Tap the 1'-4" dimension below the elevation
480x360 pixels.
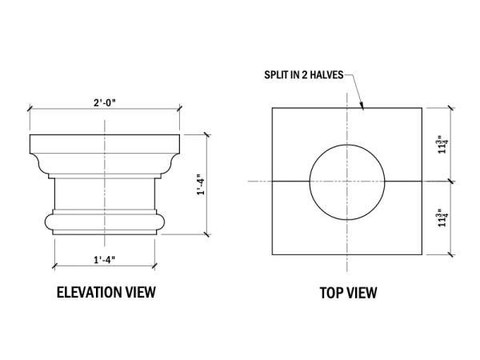[105, 259]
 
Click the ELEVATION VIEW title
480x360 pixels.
[106, 292]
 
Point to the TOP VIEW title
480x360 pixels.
[348, 293]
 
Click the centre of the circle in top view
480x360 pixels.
[346, 182]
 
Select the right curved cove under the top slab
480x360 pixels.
[167, 163]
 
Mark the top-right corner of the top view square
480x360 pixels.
[422, 108]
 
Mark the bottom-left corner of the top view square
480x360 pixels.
[272, 255]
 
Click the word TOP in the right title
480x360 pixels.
[332, 293]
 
